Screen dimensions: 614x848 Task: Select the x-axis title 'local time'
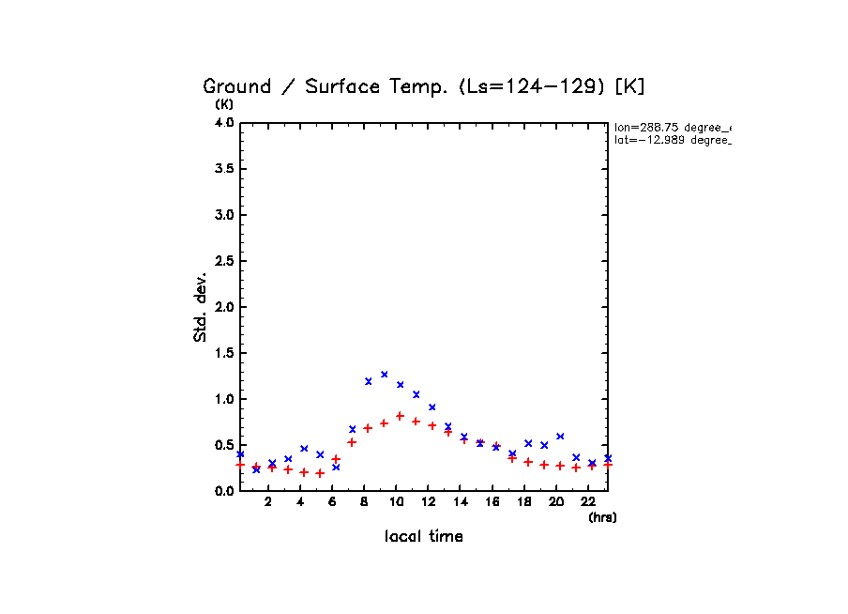point(423,537)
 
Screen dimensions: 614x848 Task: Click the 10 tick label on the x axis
point(397,502)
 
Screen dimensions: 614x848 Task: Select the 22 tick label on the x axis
point(588,502)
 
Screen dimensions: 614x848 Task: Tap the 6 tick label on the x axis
point(333,502)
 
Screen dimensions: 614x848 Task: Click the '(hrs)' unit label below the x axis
point(602,517)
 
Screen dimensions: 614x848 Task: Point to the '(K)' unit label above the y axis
point(224,104)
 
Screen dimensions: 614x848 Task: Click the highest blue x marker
point(384,375)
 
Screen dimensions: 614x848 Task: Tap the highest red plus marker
point(400,416)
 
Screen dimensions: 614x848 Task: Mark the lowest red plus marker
point(320,473)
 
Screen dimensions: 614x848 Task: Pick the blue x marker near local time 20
point(560,437)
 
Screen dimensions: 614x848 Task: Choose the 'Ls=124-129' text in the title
point(534,87)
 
